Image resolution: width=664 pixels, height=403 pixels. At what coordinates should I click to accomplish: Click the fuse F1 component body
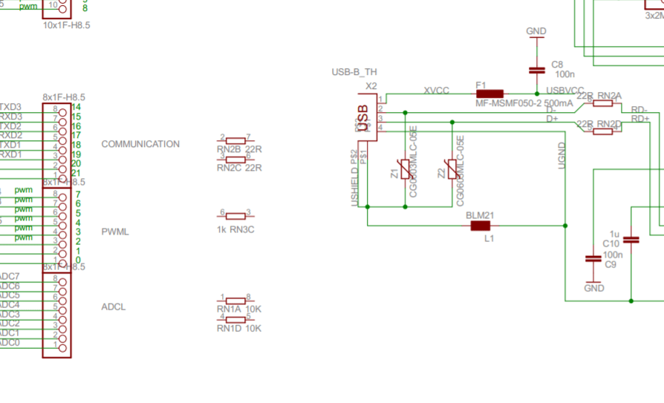point(489,94)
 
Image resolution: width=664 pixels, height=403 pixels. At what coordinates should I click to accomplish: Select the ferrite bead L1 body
point(480,226)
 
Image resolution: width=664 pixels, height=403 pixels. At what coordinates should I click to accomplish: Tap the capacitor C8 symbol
point(536,70)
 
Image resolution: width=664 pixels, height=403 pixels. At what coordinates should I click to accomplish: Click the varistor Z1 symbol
point(405,170)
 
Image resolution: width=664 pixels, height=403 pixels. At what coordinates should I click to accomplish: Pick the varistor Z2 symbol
point(452,170)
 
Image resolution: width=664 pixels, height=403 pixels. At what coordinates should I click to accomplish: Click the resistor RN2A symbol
point(602,103)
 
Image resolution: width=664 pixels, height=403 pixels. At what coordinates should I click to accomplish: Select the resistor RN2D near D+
point(602,131)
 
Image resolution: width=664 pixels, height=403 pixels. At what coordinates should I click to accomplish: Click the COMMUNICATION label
point(140,144)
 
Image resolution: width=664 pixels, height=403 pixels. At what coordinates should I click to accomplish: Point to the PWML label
point(115,232)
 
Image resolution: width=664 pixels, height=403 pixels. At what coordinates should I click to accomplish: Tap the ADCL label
point(114,307)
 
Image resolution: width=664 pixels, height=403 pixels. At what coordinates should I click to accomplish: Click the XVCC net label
point(436,90)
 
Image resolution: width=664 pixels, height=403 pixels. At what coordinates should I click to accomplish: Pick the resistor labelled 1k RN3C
point(235,216)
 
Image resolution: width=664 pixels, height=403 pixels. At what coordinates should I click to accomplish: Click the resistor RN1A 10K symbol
point(235,301)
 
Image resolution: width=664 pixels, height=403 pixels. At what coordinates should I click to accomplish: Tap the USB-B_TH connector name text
point(354,72)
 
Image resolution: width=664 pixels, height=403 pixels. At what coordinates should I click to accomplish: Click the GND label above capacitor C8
point(536,31)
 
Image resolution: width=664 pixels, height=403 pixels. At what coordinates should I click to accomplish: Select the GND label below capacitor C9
point(594,288)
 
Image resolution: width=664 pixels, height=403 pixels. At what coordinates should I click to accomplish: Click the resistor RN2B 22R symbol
point(235,140)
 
